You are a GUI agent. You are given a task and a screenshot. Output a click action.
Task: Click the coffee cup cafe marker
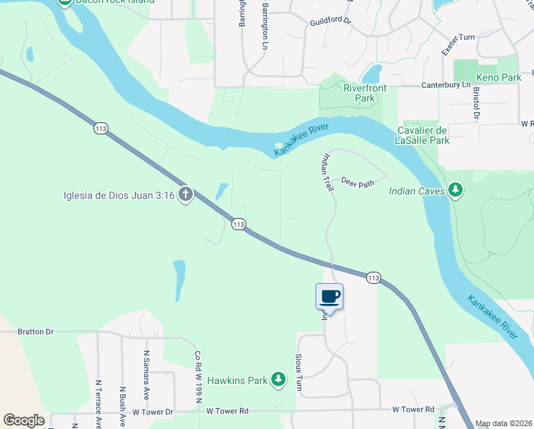click(330, 296)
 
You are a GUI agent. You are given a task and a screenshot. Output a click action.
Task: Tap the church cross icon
click(185, 194)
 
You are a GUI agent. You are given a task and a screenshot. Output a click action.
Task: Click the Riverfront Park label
click(365, 93)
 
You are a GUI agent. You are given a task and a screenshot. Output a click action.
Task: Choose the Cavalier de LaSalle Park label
click(422, 136)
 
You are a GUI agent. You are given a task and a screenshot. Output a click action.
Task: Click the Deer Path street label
click(358, 183)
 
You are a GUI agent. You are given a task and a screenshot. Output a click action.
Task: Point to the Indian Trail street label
click(328, 172)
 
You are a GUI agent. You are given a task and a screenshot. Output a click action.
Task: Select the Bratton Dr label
click(36, 332)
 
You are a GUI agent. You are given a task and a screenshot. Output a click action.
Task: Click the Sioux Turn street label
click(299, 370)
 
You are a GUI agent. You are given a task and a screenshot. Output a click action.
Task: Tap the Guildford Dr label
click(331, 21)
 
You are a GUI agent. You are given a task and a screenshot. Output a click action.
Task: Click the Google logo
click(24, 420)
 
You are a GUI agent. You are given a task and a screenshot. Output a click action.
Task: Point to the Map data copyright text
click(504, 423)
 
